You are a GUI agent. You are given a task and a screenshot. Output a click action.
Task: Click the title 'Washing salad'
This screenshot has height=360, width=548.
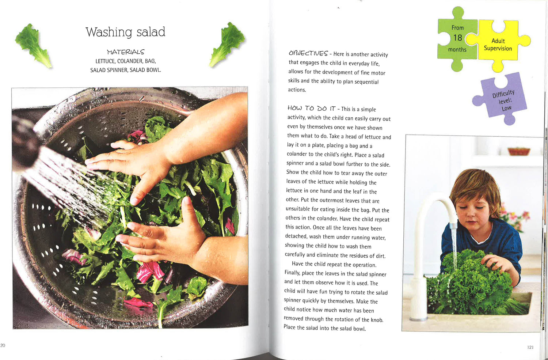coord(125,32)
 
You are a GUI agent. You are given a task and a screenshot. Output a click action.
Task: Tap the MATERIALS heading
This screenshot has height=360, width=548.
coord(126,52)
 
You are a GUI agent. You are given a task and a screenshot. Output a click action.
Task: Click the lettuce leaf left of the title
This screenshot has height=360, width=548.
coord(34,46)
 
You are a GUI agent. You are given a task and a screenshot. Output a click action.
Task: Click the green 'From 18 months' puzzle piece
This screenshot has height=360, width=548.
coord(457,39)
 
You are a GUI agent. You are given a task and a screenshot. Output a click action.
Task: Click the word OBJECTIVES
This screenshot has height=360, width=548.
coord(308,53)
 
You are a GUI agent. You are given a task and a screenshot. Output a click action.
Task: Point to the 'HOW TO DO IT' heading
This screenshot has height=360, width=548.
coord(311,108)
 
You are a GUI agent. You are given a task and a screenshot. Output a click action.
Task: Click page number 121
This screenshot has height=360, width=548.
coord(530,347)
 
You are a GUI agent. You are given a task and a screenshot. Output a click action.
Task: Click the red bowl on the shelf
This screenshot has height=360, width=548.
coord(519,151)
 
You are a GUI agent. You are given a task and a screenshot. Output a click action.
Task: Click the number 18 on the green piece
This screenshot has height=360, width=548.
coord(457,38)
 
